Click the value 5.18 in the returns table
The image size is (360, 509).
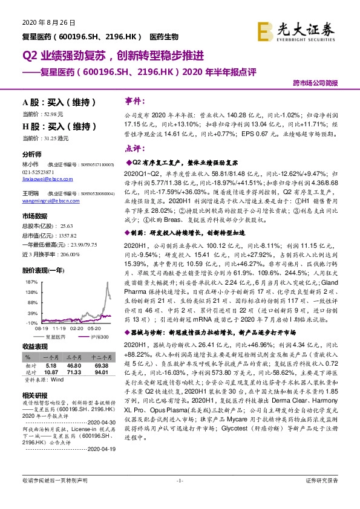tap(50, 366)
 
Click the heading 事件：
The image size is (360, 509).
tap(133, 100)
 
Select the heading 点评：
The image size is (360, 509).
tap(133, 148)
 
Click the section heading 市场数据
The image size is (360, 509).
tap(35, 216)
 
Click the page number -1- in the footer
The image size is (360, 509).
tap(180, 497)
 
